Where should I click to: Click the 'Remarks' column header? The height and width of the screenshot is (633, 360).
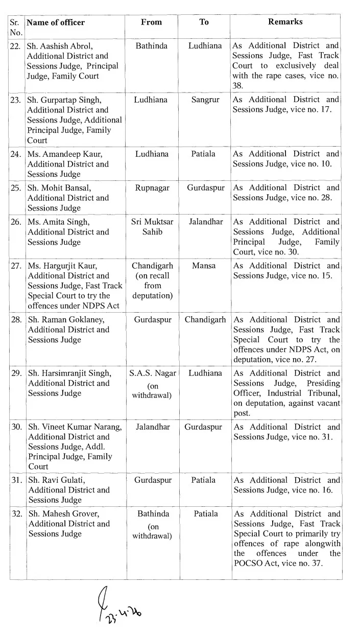[x=285, y=22]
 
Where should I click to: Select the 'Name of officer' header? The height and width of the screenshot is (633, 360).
[x=56, y=22]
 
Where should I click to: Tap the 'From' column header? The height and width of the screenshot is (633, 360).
[x=151, y=22]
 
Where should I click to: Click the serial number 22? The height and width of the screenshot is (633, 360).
[x=16, y=46]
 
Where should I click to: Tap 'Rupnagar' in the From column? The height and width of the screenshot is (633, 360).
[x=152, y=187]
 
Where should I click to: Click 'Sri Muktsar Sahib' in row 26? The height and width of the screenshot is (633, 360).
[x=152, y=226]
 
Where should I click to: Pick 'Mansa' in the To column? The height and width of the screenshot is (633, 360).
[x=204, y=266]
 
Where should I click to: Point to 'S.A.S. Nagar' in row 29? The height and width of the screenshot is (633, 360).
[x=153, y=373]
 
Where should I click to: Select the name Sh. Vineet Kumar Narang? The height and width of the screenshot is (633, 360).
[x=75, y=427]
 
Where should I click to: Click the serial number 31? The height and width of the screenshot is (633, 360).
[x=16, y=480]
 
